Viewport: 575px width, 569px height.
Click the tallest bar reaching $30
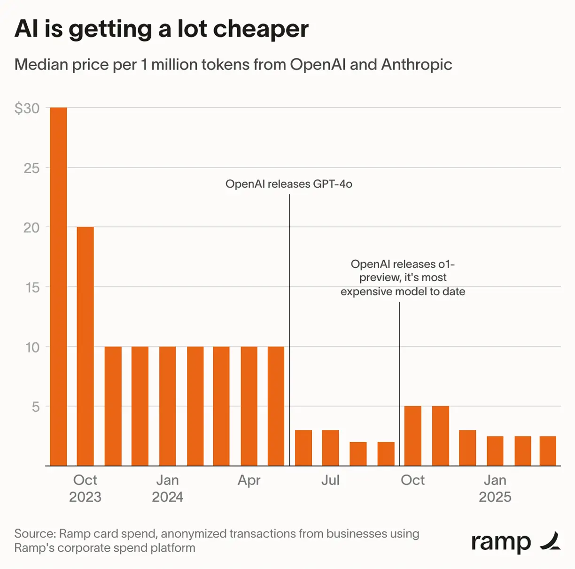coord(58,286)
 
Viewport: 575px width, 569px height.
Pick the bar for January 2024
coord(167,406)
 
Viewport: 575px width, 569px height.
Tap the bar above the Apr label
coord(249,406)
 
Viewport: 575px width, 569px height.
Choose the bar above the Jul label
coord(330,448)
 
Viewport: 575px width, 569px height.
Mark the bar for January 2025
coord(495,451)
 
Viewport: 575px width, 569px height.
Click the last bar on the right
coord(548,451)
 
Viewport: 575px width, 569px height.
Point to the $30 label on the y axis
coord(27,108)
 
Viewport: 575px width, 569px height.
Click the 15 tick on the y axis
coord(32,287)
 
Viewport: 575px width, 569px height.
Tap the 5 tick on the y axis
coord(36,407)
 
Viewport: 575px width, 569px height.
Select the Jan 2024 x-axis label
coord(167,488)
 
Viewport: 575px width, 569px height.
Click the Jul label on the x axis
coord(330,480)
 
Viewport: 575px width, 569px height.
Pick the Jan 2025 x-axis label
coord(495,488)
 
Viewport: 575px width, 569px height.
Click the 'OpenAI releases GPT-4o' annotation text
coord(288,184)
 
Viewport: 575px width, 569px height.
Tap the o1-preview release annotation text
coord(403,278)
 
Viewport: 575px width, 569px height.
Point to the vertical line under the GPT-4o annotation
coord(289,329)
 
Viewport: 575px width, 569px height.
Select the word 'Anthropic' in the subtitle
coord(416,64)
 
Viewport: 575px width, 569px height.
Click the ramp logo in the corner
coord(515,542)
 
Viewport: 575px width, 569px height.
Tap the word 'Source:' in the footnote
coord(35,534)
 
